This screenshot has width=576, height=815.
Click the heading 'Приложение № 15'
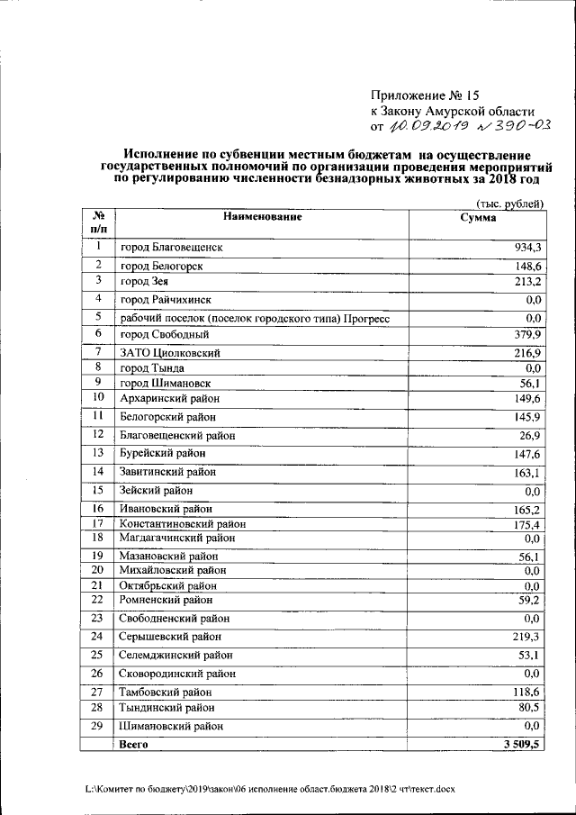[x=420, y=95]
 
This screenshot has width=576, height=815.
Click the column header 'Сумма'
[x=478, y=218]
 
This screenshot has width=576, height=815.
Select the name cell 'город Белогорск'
[x=161, y=266]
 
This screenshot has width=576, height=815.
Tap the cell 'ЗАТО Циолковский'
[x=170, y=352]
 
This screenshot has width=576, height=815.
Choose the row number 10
[x=99, y=397]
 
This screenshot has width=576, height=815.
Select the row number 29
[x=99, y=725]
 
